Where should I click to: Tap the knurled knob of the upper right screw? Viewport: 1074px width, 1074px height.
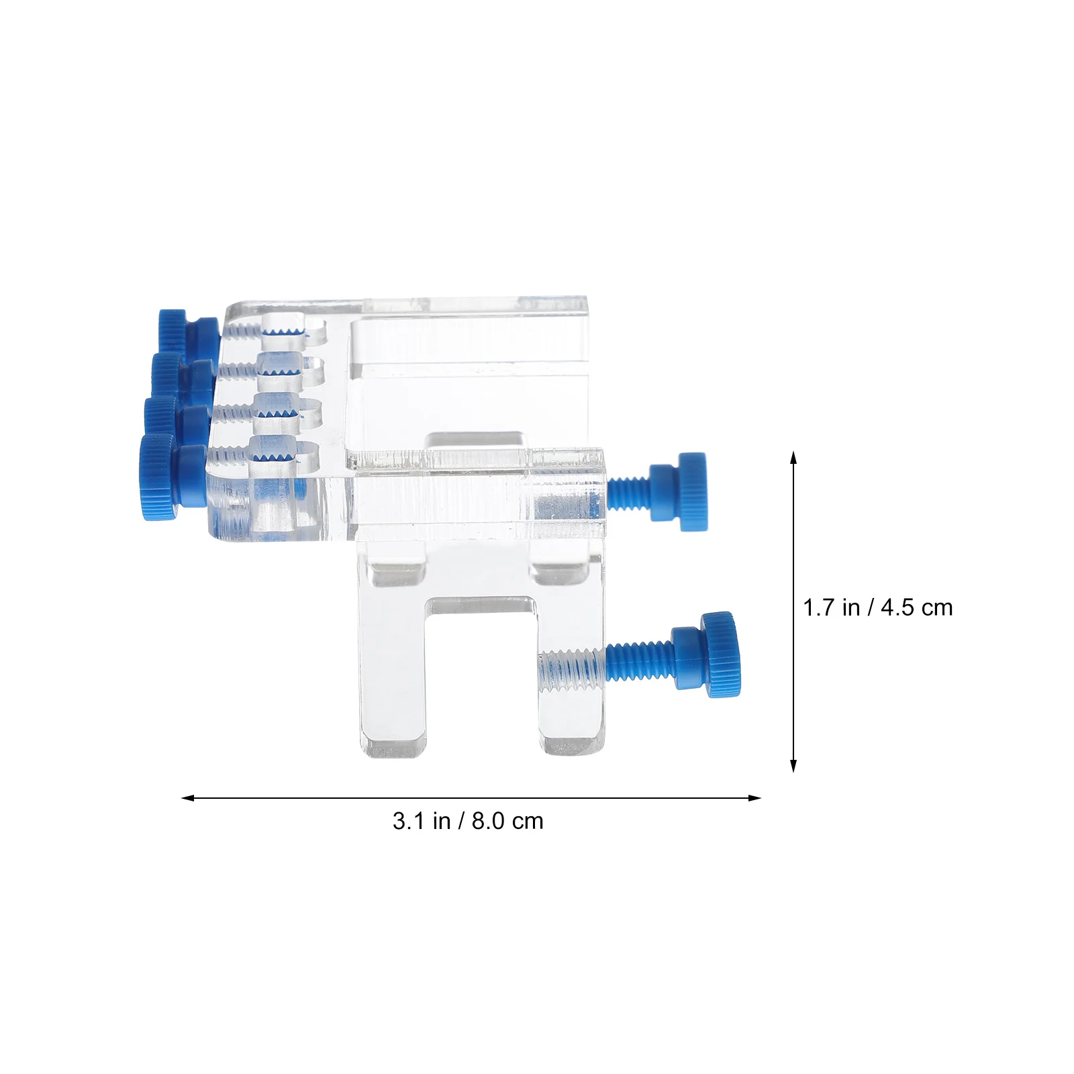pos(692,491)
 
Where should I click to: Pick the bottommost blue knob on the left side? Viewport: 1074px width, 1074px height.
pos(158,477)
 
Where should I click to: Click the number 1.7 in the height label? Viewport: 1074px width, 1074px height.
pos(818,607)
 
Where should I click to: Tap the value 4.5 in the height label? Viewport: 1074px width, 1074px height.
pos(898,607)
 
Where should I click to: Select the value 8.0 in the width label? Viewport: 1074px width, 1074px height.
pos(488,821)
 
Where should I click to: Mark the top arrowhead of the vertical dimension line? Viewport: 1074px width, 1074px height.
pos(793,456)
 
